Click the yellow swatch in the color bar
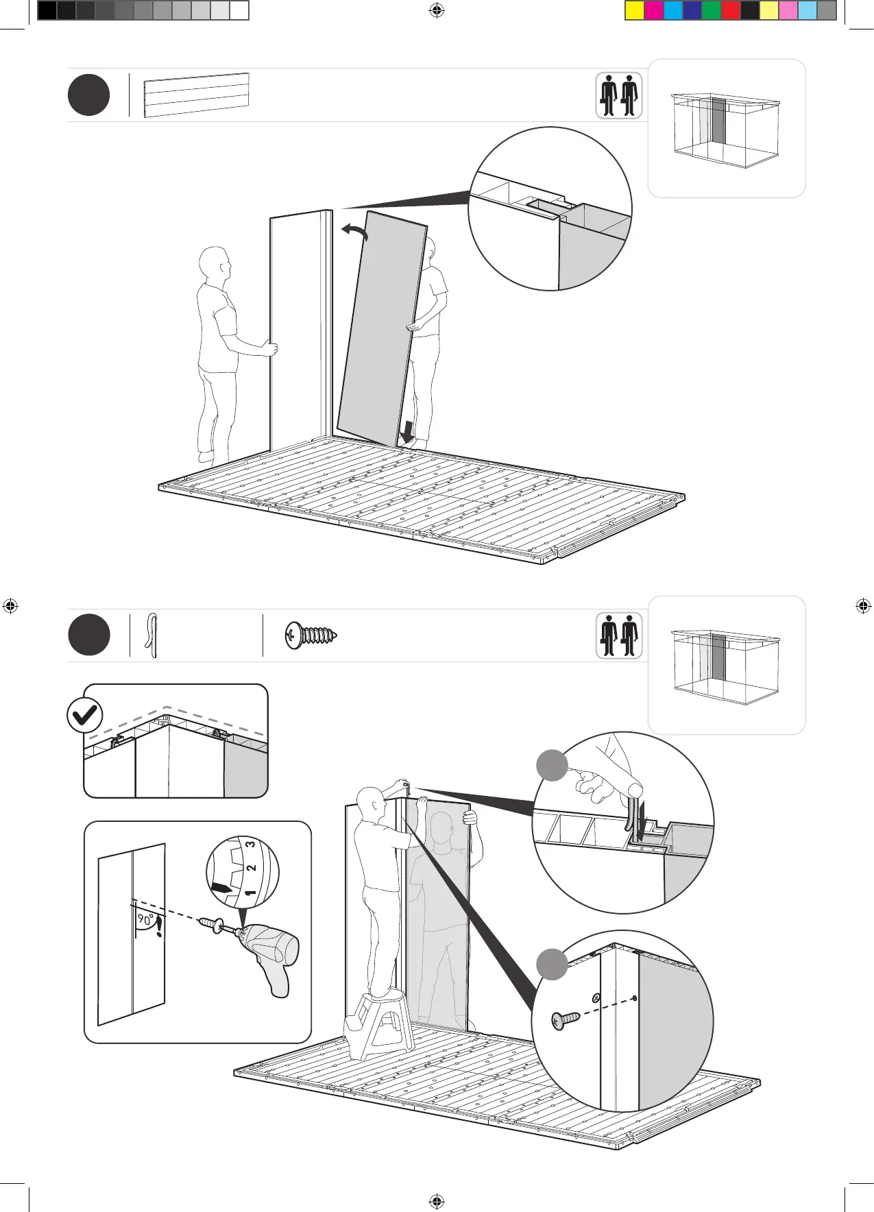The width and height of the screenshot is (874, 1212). click(x=635, y=10)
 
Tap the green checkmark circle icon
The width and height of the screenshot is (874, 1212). click(x=84, y=716)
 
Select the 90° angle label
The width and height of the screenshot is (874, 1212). click(x=145, y=920)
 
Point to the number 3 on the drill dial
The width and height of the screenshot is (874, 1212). click(x=251, y=844)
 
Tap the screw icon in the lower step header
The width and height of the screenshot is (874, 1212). click(x=313, y=635)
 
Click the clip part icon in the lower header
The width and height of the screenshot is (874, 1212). click(x=152, y=635)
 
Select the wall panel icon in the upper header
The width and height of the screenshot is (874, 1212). click(x=196, y=95)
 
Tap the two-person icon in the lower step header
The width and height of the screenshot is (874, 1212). click(x=618, y=635)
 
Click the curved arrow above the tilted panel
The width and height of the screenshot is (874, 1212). click(x=355, y=232)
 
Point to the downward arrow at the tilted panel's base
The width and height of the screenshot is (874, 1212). click(x=407, y=433)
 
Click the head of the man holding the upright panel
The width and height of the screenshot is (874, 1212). click(x=213, y=263)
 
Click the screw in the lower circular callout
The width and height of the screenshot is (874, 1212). click(x=564, y=1020)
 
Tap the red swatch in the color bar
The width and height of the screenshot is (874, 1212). click(x=731, y=10)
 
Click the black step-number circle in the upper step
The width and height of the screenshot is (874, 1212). click(x=88, y=95)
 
